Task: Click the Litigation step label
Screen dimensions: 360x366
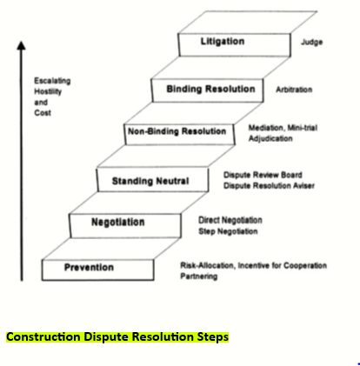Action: [223, 42]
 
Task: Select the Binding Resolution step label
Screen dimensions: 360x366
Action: [210, 89]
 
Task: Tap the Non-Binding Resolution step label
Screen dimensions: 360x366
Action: [177, 131]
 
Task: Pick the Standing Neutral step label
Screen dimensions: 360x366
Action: [150, 181]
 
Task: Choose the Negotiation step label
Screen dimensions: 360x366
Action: [118, 223]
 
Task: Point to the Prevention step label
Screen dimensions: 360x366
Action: [89, 267]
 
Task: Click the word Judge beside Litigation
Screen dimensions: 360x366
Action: [312, 42]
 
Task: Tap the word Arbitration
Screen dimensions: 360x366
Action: [294, 90]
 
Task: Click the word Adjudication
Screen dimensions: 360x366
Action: [270, 138]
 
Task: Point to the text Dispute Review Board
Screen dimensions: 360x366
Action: [263, 175]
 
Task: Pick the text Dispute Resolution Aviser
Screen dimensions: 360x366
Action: [269, 186]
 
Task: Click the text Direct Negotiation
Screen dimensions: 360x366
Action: [230, 220]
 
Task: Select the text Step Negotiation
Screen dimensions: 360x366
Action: [228, 231]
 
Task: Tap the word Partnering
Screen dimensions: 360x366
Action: [199, 276]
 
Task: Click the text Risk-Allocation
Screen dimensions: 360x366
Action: [208, 265]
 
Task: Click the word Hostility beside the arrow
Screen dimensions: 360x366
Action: [48, 92]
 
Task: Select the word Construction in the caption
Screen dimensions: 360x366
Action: [43, 337]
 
